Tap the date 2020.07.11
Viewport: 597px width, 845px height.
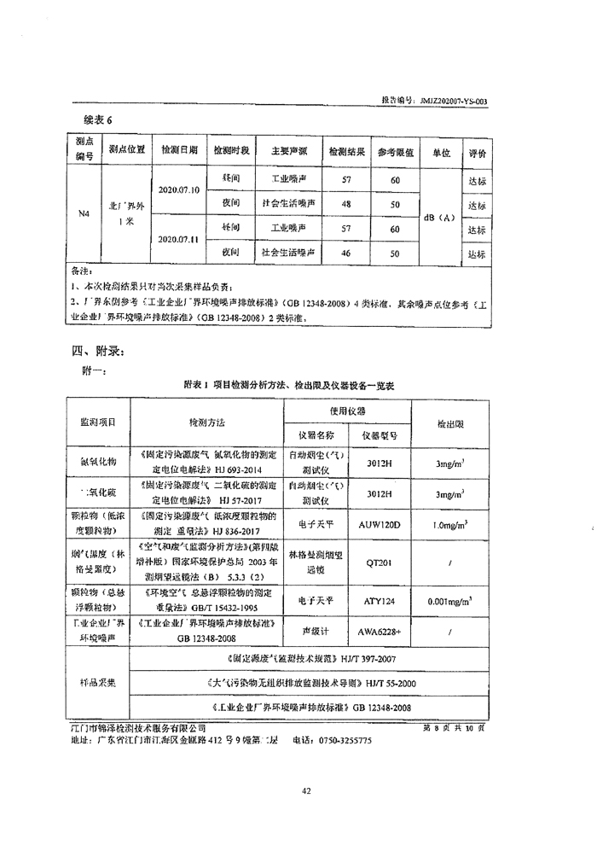[179, 240]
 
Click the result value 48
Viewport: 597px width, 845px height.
[345, 204]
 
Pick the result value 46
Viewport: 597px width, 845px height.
[345, 253]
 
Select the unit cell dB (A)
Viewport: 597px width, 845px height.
[438, 217]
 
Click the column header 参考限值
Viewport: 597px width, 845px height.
[395, 152]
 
